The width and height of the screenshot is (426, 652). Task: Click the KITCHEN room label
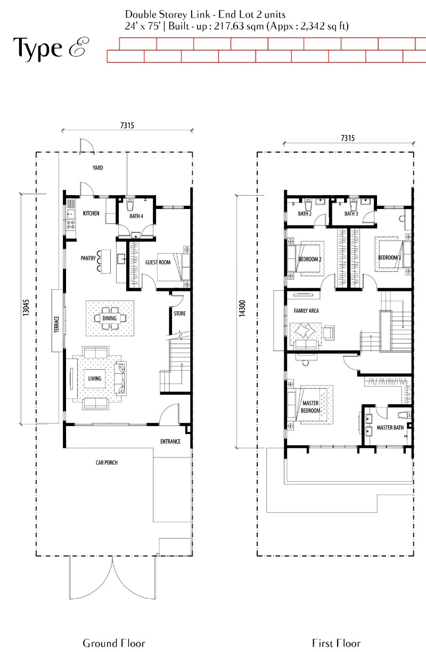pyautogui.click(x=91, y=213)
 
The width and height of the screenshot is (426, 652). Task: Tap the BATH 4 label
pyautogui.click(x=136, y=216)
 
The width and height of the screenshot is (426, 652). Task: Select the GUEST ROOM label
pyautogui.click(x=158, y=262)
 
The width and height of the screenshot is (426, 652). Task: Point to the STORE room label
pyautogui.click(x=179, y=313)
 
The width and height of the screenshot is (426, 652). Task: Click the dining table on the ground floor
pyautogui.click(x=110, y=318)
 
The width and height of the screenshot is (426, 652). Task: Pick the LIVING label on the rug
pyautogui.click(x=95, y=379)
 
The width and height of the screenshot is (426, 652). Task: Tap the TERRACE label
pyautogui.click(x=56, y=324)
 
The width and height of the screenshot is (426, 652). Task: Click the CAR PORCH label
pyautogui.click(x=106, y=463)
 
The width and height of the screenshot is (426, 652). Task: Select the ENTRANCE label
pyautogui.click(x=170, y=441)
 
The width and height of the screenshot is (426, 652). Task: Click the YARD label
pyautogui.click(x=97, y=168)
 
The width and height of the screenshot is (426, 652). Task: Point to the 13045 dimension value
pyautogui.click(x=26, y=308)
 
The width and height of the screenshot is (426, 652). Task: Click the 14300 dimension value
pyautogui.click(x=242, y=308)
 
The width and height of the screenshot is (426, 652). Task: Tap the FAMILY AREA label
pyautogui.click(x=306, y=311)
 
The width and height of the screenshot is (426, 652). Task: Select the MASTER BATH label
pyautogui.click(x=390, y=428)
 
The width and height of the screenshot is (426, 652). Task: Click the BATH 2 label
pyautogui.click(x=305, y=214)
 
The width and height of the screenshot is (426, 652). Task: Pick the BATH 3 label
pyautogui.click(x=351, y=214)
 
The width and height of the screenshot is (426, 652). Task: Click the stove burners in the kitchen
pyautogui.click(x=71, y=224)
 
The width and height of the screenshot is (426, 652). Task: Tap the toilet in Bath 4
pyautogui.click(x=130, y=204)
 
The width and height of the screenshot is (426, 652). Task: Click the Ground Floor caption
pyautogui.click(x=114, y=643)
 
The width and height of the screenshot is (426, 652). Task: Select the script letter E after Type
pyautogui.click(x=79, y=47)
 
